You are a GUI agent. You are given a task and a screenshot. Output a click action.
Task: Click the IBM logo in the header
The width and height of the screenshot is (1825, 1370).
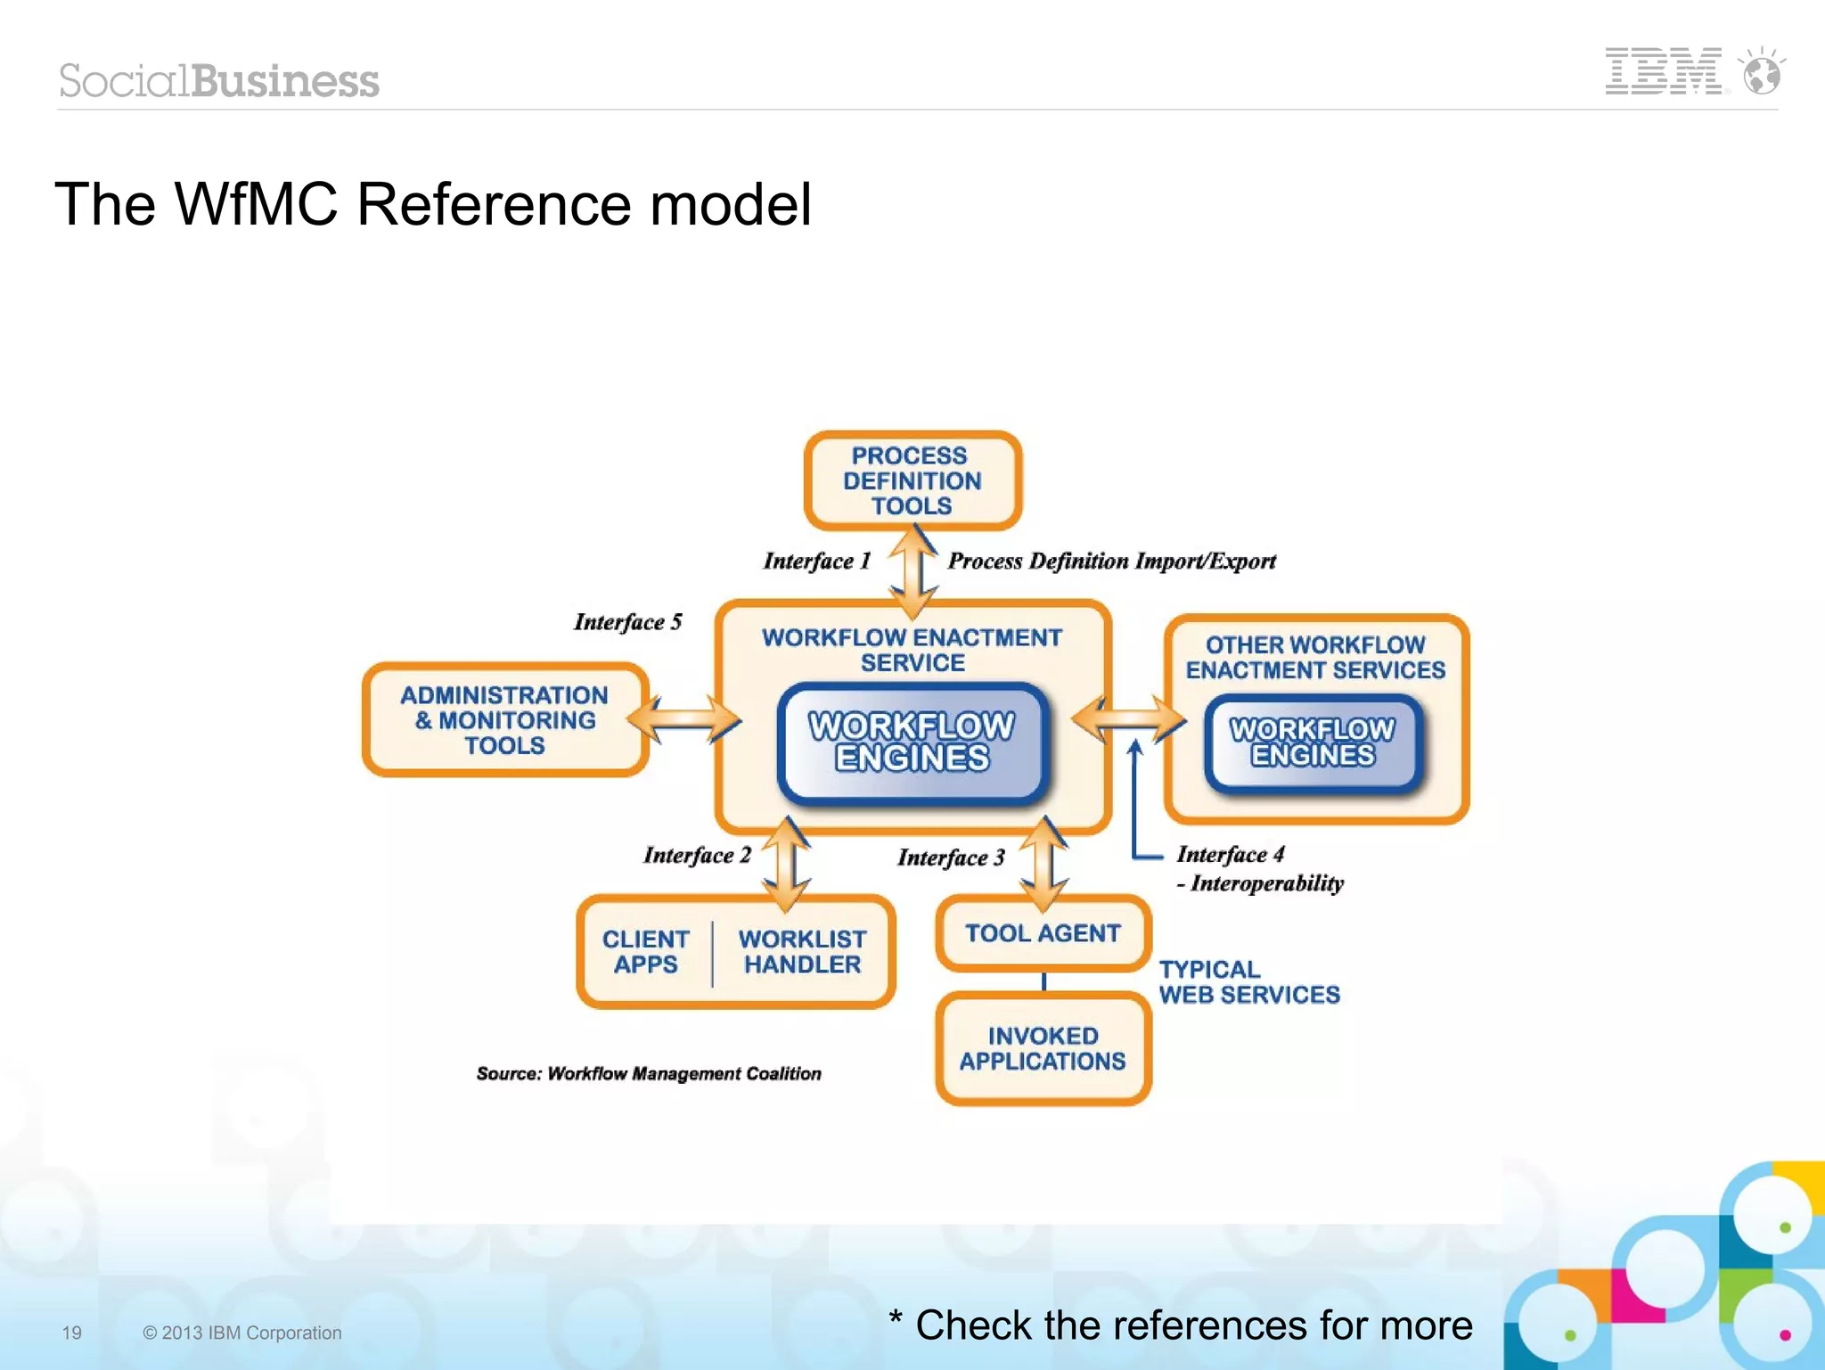pos(1663,71)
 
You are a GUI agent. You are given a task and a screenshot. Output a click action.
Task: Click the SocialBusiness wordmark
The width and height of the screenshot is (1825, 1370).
pos(219,81)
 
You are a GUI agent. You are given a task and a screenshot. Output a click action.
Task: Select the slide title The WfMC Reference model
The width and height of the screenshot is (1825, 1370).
pos(433,204)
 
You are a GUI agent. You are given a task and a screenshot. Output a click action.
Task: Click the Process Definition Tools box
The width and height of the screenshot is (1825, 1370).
pos(912,480)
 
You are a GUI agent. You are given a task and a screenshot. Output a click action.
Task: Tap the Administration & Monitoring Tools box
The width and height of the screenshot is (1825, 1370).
pos(504,720)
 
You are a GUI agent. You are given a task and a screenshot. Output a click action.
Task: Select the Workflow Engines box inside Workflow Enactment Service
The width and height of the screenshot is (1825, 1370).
pos(912,742)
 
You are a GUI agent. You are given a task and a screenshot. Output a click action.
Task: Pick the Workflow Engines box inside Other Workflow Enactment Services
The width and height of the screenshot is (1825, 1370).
pos(1313,742)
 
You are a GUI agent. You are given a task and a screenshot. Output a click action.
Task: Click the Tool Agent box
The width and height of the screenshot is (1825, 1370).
pos(1043,933)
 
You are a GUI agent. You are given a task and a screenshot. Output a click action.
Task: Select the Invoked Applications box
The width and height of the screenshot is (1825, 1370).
pos(1043,1048)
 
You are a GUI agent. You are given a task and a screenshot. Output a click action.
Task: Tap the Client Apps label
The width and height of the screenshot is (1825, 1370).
pos(645,951)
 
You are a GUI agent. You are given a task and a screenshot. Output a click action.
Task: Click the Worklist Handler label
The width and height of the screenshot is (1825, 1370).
pos(802,951)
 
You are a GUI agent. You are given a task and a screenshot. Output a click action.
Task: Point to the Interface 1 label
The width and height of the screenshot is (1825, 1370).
pos(816,561)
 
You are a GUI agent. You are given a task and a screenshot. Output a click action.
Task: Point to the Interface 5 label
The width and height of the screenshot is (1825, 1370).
pos(627,621)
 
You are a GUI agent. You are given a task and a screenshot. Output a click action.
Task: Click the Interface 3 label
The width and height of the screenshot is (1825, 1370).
pos(951,857)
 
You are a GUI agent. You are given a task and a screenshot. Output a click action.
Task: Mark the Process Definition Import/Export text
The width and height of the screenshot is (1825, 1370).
pos(1111,561)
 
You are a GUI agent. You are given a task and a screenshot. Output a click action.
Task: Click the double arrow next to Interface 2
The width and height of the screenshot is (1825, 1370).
pos(787,863)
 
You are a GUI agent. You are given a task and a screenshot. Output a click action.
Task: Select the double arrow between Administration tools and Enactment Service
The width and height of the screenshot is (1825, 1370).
pos(684,718)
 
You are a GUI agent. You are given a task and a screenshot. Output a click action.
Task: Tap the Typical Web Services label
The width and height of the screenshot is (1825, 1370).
pos(1248,981)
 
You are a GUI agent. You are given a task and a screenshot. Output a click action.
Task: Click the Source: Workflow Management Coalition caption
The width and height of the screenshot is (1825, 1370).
pos(649,1073)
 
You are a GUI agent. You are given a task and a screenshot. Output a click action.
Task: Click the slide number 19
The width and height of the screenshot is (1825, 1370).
pos(72,1333)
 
